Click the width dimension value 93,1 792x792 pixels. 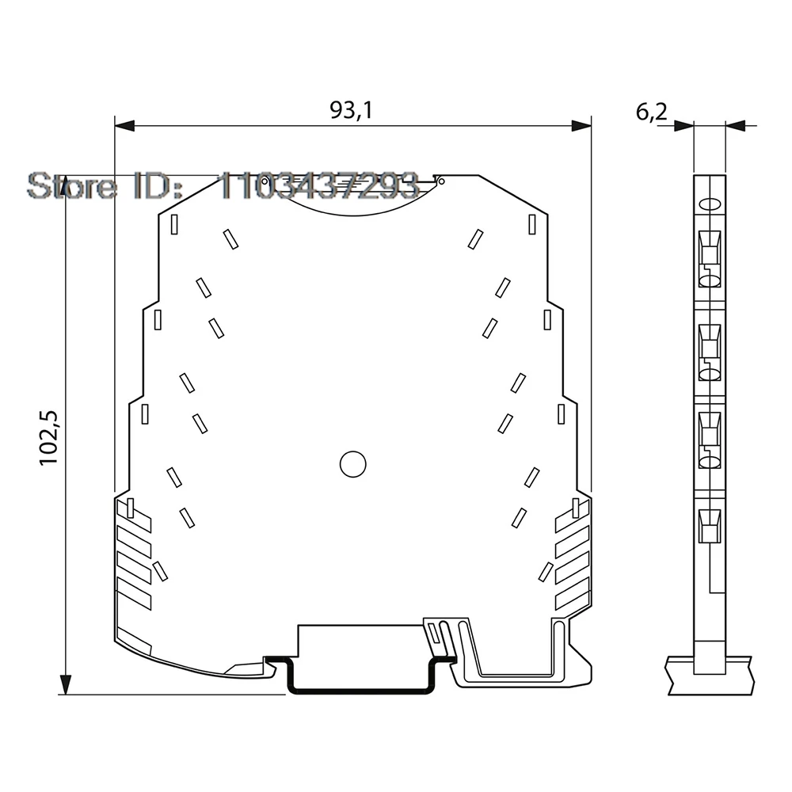pos(351,111)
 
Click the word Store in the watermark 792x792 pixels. pos(71,186)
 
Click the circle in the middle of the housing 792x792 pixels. pos(352,464)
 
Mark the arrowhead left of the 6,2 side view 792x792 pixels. pos(683,124)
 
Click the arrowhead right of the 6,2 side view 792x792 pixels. pos(735,124)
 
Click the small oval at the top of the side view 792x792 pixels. pos(710,203)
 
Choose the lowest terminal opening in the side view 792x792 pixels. pos(710,525)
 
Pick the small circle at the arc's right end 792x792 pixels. pos(441,181)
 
